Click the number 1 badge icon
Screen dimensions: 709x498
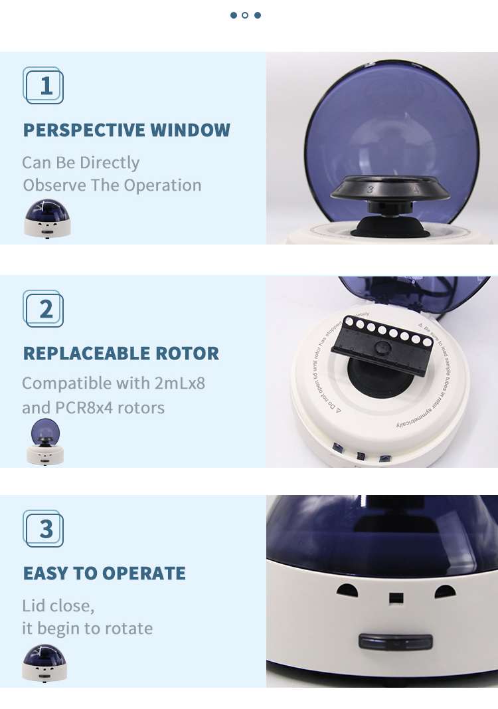(44, 86)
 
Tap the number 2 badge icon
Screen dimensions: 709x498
(44, 309)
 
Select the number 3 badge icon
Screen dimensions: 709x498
(44, 529)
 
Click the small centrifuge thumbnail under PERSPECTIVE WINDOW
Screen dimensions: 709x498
(46, 219)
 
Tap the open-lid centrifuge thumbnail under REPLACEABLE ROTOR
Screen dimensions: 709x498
(45, 443)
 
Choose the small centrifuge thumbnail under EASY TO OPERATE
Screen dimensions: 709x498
(44, 662)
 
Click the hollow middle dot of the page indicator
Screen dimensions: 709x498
(245, 15)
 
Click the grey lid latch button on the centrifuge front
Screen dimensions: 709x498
(395, 642)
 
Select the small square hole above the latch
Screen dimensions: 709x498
(396, 597)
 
